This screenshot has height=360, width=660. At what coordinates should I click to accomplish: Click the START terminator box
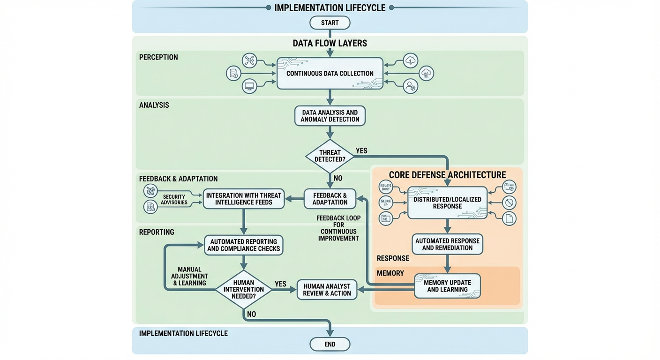(x=330, y=23)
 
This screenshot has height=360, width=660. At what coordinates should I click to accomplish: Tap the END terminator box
(x=330, y=344)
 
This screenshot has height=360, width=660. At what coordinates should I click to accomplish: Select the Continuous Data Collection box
(x=330, y=73)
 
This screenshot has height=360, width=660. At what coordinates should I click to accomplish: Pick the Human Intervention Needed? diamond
(x=243, y=289)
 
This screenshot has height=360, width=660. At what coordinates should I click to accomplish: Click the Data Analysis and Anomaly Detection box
(x=330, y=116)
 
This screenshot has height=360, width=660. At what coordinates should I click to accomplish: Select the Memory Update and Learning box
(x=447, y=286)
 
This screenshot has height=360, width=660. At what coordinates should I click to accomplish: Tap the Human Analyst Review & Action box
(x=327, y=290)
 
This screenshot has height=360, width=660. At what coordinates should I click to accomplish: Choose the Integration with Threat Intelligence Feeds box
(x=243, y=199)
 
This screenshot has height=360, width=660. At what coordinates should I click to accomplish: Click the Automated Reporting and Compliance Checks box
(x=243, y=245)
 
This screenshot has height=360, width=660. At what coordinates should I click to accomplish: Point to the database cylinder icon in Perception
(x=233, y=74)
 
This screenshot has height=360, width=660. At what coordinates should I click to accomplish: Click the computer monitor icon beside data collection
(x=249, y=86)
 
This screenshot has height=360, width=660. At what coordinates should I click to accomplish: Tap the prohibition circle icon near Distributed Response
(x=509, y=202)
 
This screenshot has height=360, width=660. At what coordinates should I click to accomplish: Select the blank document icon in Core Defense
(x=509, y=218)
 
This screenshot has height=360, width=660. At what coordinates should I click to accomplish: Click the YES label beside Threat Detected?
(x=361, y=151)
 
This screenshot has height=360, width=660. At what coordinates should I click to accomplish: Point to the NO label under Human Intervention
(x=251, y=314)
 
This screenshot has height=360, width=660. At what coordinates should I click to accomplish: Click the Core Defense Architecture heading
(x=447, y=175)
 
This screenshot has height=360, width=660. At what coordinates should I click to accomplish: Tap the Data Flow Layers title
(x=330, y=43)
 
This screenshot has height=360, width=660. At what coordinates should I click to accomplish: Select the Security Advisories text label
(x=174, y=200)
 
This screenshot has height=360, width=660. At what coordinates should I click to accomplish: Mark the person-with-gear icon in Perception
(x=411, y=86)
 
